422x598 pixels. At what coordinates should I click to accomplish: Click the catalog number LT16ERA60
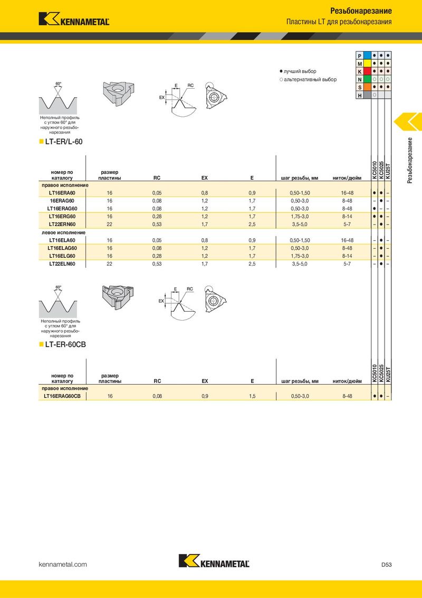(x=62, y=193)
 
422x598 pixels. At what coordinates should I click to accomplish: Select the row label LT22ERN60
(x=62, y=224)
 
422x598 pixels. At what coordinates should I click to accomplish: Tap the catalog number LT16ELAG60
(x=62, y=248)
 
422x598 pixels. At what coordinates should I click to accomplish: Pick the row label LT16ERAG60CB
(x=62, y=396)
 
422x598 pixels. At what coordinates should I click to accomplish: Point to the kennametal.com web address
(x=63, y=565)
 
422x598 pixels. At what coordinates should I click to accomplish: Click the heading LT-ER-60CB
(x=65, y=344)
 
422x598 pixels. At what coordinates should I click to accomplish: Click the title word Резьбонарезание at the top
(x=361, y=11)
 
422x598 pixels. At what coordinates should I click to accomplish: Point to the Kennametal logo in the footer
(x=214, y=562)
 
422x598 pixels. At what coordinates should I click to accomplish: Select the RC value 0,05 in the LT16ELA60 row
(x=157, y=240)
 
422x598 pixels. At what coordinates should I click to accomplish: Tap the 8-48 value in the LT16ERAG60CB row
(x=347, y=396)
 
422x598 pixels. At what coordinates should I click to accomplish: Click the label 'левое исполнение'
(x=64, y=232)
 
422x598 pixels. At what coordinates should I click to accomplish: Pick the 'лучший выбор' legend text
(x=299, y=71)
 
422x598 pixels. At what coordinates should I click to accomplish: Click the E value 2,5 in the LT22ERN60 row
(x=252, y=224)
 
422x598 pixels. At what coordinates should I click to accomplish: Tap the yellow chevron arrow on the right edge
(x=407, y=122)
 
